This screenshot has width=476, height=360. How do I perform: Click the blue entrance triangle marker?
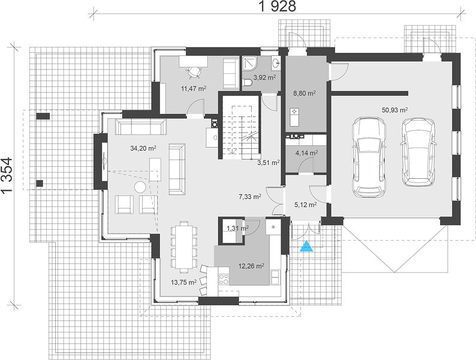tap(306, 247)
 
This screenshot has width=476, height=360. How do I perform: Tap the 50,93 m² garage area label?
tap(394, 110)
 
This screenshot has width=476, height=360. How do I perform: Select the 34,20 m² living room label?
tap(143, 148)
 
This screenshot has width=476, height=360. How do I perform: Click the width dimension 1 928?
tap(277, 7)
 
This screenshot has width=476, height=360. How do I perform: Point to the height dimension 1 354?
tap(7, 175)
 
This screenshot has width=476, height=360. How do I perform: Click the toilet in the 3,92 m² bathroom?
tap(246, 83)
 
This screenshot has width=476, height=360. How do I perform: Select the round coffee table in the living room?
tap(140, 187)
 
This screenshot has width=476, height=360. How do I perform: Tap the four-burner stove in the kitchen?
tap(224, 279)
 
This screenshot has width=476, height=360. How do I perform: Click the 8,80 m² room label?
tap(304, 93)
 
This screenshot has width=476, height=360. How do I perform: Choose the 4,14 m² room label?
tap(306, 153)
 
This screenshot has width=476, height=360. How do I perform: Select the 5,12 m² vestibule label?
tap(306, 205)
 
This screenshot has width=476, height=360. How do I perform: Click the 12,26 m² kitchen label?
tap(251, 266)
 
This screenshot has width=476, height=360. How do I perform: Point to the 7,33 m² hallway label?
tap(251, 197)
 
